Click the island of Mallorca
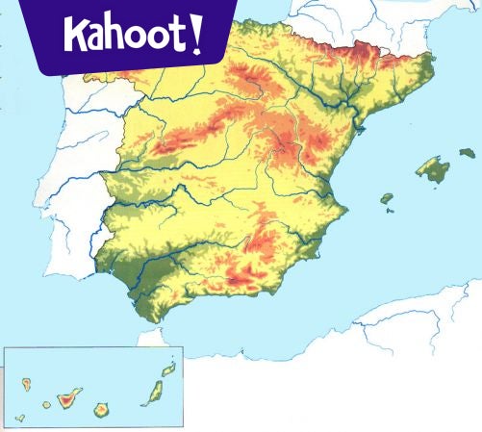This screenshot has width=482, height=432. [x=433, y=170]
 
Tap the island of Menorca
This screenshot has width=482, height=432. [x=468, y=152]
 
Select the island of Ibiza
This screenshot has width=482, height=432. [x=386, y=199]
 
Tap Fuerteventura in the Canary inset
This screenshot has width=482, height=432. [x=152, y=393]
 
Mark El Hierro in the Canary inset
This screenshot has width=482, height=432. [x=19, y=419]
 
